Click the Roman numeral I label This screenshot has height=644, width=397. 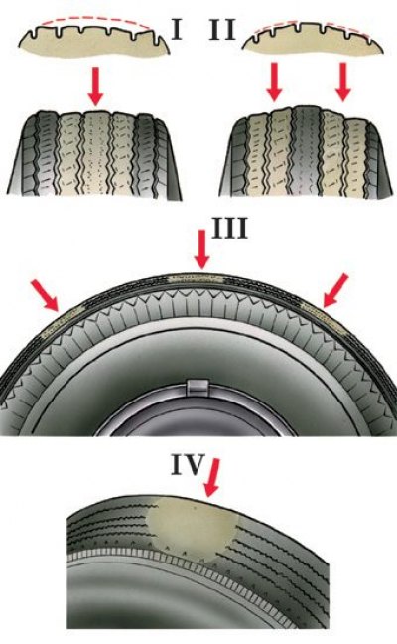177,30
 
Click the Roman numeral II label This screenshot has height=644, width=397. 222,30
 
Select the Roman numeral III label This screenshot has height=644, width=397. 229,228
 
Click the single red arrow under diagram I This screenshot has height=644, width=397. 96,86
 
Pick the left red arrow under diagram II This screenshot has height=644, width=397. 274,81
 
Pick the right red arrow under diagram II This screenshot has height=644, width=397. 342,81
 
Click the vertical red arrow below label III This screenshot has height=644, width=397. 201,249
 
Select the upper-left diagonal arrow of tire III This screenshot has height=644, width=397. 45,295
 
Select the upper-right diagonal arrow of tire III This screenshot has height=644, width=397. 335,290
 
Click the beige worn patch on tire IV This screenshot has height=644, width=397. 193,527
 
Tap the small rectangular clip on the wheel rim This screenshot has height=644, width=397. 198,387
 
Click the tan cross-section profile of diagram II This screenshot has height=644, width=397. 313,40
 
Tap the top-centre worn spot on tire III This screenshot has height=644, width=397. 197,279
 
